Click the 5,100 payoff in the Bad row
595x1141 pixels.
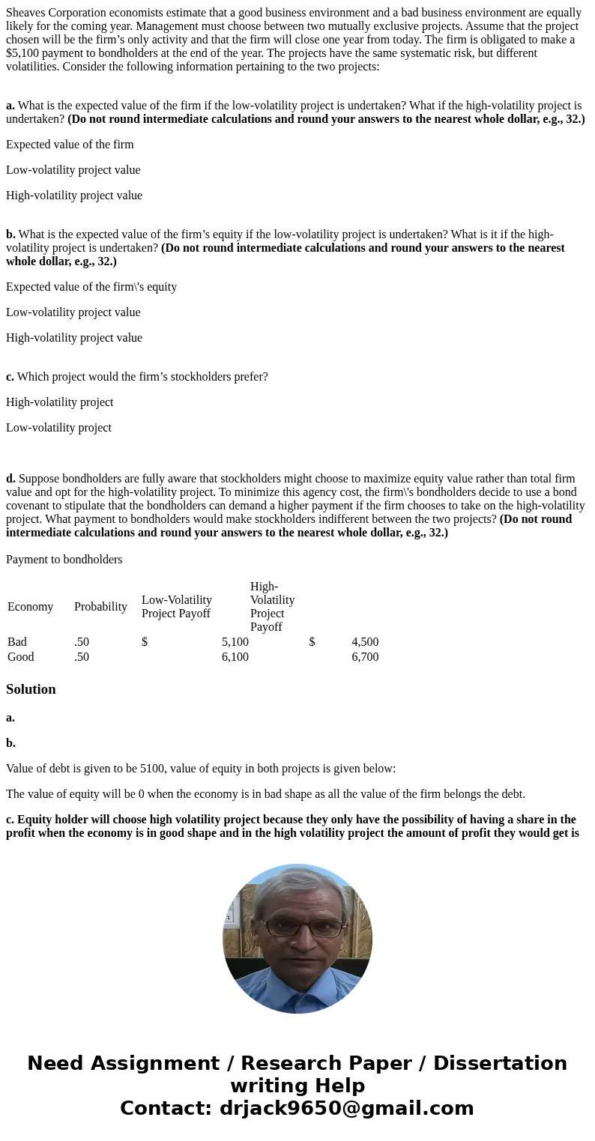235,642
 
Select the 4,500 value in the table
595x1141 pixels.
365,642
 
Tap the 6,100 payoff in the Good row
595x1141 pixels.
235,657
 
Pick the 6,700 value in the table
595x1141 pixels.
365,657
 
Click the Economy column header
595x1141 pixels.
30,607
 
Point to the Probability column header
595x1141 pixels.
100,607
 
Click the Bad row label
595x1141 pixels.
17,642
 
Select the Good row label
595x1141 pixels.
21,657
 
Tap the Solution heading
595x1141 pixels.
31,689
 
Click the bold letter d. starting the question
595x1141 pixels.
10,479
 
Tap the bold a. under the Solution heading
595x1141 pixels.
10,718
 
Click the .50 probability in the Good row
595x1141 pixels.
82,657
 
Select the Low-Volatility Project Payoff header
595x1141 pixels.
177,607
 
